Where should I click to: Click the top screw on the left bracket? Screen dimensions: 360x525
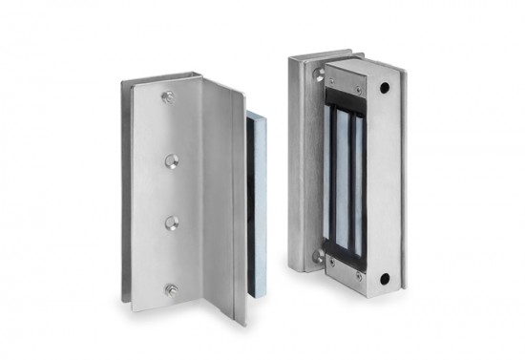point(169,96)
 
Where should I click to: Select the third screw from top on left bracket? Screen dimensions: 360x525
point(171,222)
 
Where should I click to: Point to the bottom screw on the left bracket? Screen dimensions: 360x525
point(171,288)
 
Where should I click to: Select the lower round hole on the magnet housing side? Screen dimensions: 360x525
point(384,280)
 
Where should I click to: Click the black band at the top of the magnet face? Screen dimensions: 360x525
point(346,95)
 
